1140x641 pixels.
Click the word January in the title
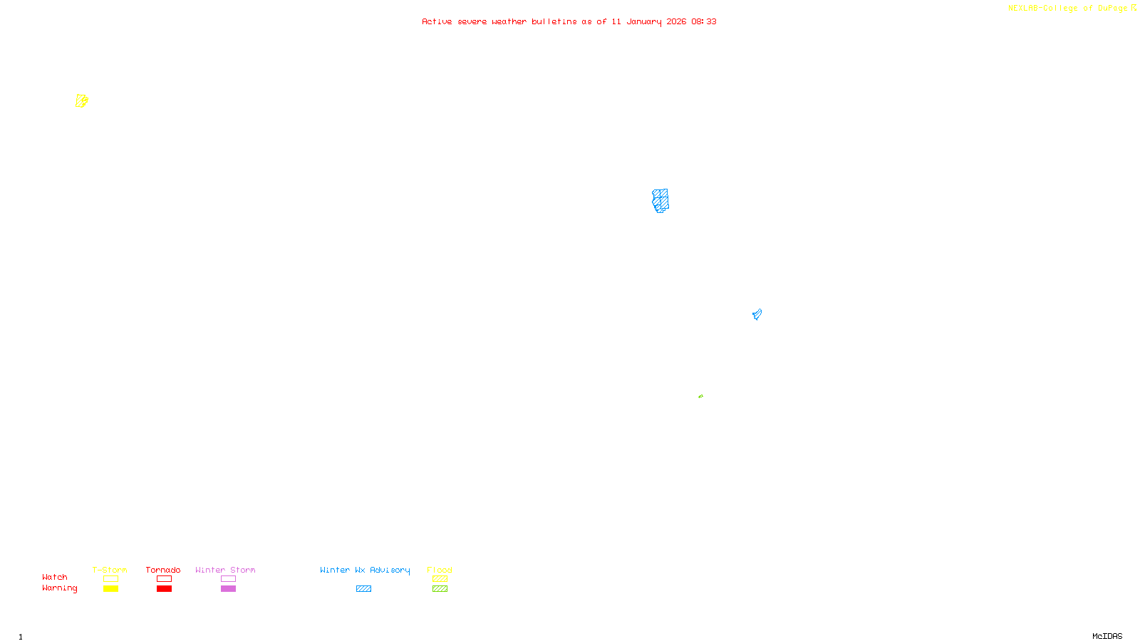tap(643, 22)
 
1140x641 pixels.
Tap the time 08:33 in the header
tap(703, 22)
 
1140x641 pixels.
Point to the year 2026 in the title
tap(676, 22)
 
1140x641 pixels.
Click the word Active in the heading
tap(436, 22)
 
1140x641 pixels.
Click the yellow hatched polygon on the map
tap(81, 101)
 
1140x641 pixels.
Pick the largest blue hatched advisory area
tap(660, 200)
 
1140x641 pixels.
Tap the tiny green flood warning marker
tap(700, 396)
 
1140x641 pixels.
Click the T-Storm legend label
tap(110, 570)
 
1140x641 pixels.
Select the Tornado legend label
tap(163, 570)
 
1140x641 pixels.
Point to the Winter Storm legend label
tap(225, 570)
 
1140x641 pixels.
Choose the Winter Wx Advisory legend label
tap(365, 570)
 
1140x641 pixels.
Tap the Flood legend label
tap(440, 570)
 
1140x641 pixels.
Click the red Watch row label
tap(55, 578)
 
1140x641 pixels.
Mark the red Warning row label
tap(59, 588)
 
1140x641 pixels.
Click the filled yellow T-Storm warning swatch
tap(110, 589)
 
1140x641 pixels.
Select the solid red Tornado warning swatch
tap(164, 589)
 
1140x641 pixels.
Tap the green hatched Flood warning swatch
tap(440, 589)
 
